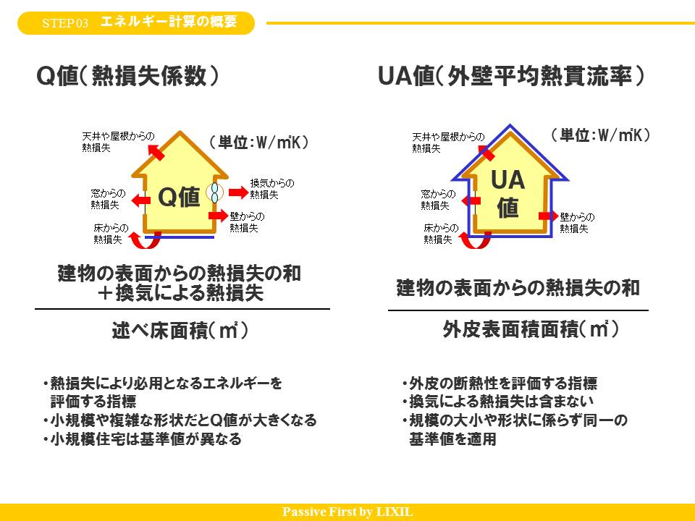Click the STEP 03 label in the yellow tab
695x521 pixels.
pos(64,23)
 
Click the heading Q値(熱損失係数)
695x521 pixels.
pos(128,77)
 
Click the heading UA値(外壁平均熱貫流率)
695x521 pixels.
pos(511,77)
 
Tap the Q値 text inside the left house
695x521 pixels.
pos(179,197)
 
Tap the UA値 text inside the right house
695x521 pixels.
pos(507,194)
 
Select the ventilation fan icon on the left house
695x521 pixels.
pos(215,192)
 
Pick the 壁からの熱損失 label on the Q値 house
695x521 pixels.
pos(247,221)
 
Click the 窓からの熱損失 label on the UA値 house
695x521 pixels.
pos(438,199)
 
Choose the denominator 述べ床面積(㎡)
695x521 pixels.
pos(180,331)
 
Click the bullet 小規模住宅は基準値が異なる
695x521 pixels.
pos(142,439)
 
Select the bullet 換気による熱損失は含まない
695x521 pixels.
pos(498,402)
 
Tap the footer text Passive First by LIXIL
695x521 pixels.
pos(347,512)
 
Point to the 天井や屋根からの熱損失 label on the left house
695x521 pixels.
pos(118,141)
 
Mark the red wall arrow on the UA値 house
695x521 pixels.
pos(547,216)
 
